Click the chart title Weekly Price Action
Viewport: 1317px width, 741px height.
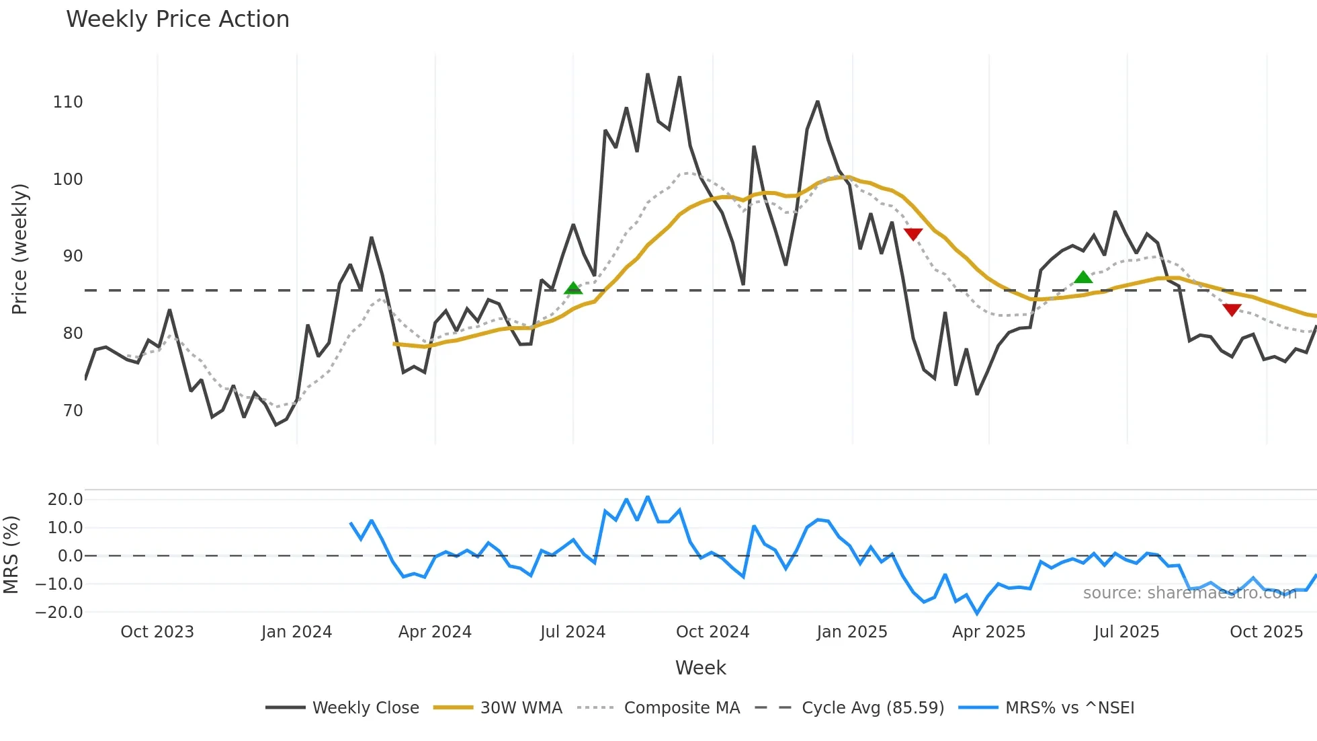pos(177,19)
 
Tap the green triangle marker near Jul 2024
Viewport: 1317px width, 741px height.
pos(573,288)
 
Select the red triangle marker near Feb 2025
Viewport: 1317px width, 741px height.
pos(913,234)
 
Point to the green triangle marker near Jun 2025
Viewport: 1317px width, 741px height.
pos(1083,277)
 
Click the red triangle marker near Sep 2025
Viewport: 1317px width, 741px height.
pos(1232,309)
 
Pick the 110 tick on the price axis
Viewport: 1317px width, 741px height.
pos(67,102)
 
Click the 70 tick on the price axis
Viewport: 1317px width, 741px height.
pos(73,411)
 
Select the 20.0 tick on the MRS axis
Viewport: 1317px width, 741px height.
pos(65,500)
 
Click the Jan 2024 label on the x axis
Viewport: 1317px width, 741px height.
pos(296,632)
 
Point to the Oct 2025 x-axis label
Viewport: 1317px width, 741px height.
pos(1266,632)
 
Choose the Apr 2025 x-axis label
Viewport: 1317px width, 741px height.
pos(988,632)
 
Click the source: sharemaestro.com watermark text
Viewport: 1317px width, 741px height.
pos(1189,593)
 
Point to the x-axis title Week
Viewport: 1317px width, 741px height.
pos(700,668)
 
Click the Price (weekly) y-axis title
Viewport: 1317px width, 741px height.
pos(19,249)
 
